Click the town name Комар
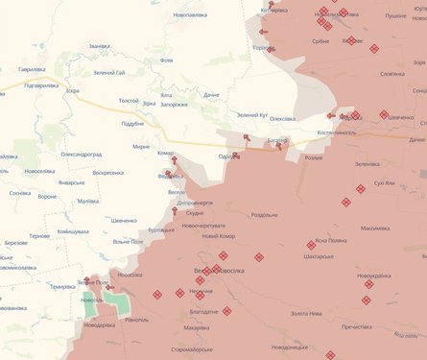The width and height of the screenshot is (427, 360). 166,153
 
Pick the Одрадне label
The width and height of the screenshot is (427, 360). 228,156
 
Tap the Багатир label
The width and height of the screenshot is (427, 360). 276,140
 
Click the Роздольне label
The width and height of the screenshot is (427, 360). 264,215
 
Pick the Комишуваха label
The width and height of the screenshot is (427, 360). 74,231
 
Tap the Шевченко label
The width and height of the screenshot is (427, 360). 123,221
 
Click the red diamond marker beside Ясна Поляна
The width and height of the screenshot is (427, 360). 311,245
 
